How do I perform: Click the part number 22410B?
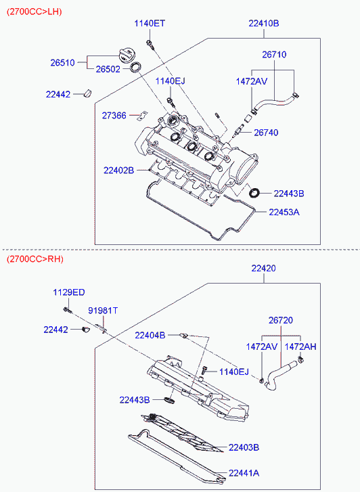(264, 24)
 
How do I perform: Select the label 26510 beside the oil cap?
(63, 63)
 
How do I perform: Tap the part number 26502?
(108, 69)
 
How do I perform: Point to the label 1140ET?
(150, 24)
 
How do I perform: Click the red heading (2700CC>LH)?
(35, 12)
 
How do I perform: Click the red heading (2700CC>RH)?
(35, 259)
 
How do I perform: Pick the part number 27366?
(114, 116)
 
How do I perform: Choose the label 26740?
(266, 133)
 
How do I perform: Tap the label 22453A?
(284, 213)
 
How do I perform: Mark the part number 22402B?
(118, 171)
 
